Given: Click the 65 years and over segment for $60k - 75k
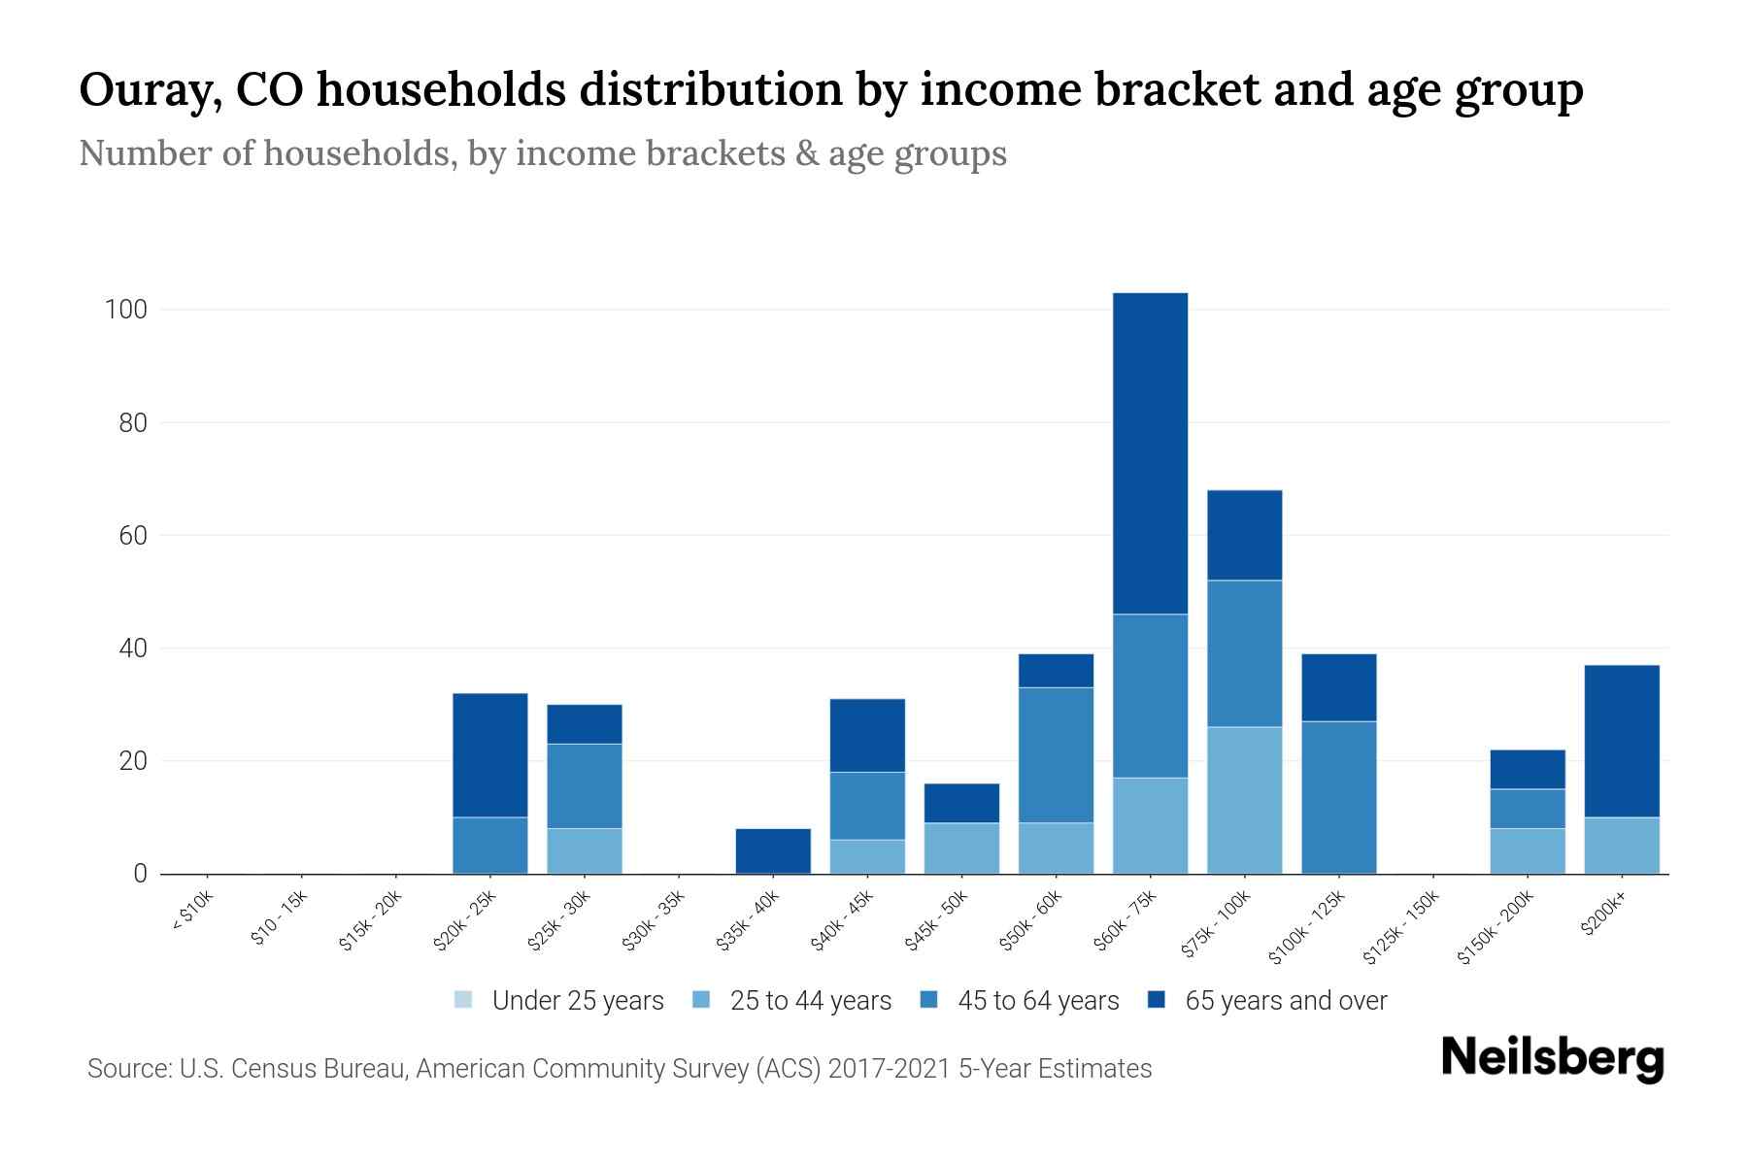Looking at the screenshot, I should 1150,453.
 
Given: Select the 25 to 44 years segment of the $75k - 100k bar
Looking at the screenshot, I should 1244,800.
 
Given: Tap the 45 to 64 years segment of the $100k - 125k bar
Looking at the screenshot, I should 1338,797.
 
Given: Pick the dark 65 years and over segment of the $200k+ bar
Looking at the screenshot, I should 1621,741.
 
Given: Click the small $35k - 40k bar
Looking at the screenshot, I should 773,850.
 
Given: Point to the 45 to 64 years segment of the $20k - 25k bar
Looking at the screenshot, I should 489,845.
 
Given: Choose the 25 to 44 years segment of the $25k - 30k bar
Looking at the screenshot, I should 584,850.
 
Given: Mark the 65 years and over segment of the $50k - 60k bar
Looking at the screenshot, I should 1056,671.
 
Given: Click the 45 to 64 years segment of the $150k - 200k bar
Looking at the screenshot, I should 1527,809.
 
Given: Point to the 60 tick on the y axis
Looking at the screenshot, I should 132,536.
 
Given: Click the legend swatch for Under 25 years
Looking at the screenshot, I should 463,1000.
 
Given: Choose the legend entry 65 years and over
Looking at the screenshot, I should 1285,1001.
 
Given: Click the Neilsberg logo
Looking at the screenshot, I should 1552,1058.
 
